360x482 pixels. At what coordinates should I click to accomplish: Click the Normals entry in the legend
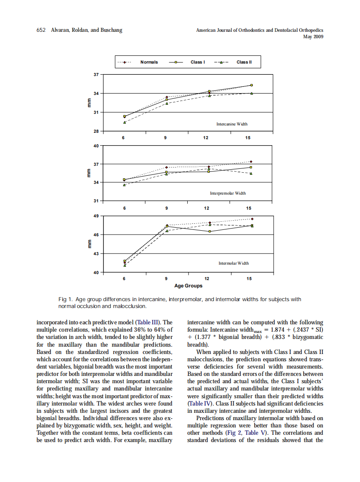point(149,62)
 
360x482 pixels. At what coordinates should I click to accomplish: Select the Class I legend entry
point(197,62)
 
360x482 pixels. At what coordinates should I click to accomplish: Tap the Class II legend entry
point(244,62)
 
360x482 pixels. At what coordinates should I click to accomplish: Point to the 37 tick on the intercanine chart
point(96,74)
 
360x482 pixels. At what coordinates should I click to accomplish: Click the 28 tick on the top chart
point(96,131)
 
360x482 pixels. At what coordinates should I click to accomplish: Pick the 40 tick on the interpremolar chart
point(96,146)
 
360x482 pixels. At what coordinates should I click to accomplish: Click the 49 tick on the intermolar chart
point(96,216)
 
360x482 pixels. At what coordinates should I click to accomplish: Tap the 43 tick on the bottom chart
point(96,253)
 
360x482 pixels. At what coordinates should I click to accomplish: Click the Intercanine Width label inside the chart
point(232,124)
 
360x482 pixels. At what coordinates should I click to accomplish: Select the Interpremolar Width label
point(228,193)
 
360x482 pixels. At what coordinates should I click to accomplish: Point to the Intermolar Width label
point(233,263)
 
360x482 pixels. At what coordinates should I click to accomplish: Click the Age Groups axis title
point(188,286)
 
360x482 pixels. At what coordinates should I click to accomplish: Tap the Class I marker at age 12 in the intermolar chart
point(210,232)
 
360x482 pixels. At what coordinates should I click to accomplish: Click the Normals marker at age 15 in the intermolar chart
point(252,219)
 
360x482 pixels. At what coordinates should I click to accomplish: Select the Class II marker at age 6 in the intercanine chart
point(125,122)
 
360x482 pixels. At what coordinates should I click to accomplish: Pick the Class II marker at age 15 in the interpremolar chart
point(251,174)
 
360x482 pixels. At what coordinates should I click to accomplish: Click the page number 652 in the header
point(41,30)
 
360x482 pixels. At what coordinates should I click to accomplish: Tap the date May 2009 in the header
point(313,37)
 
